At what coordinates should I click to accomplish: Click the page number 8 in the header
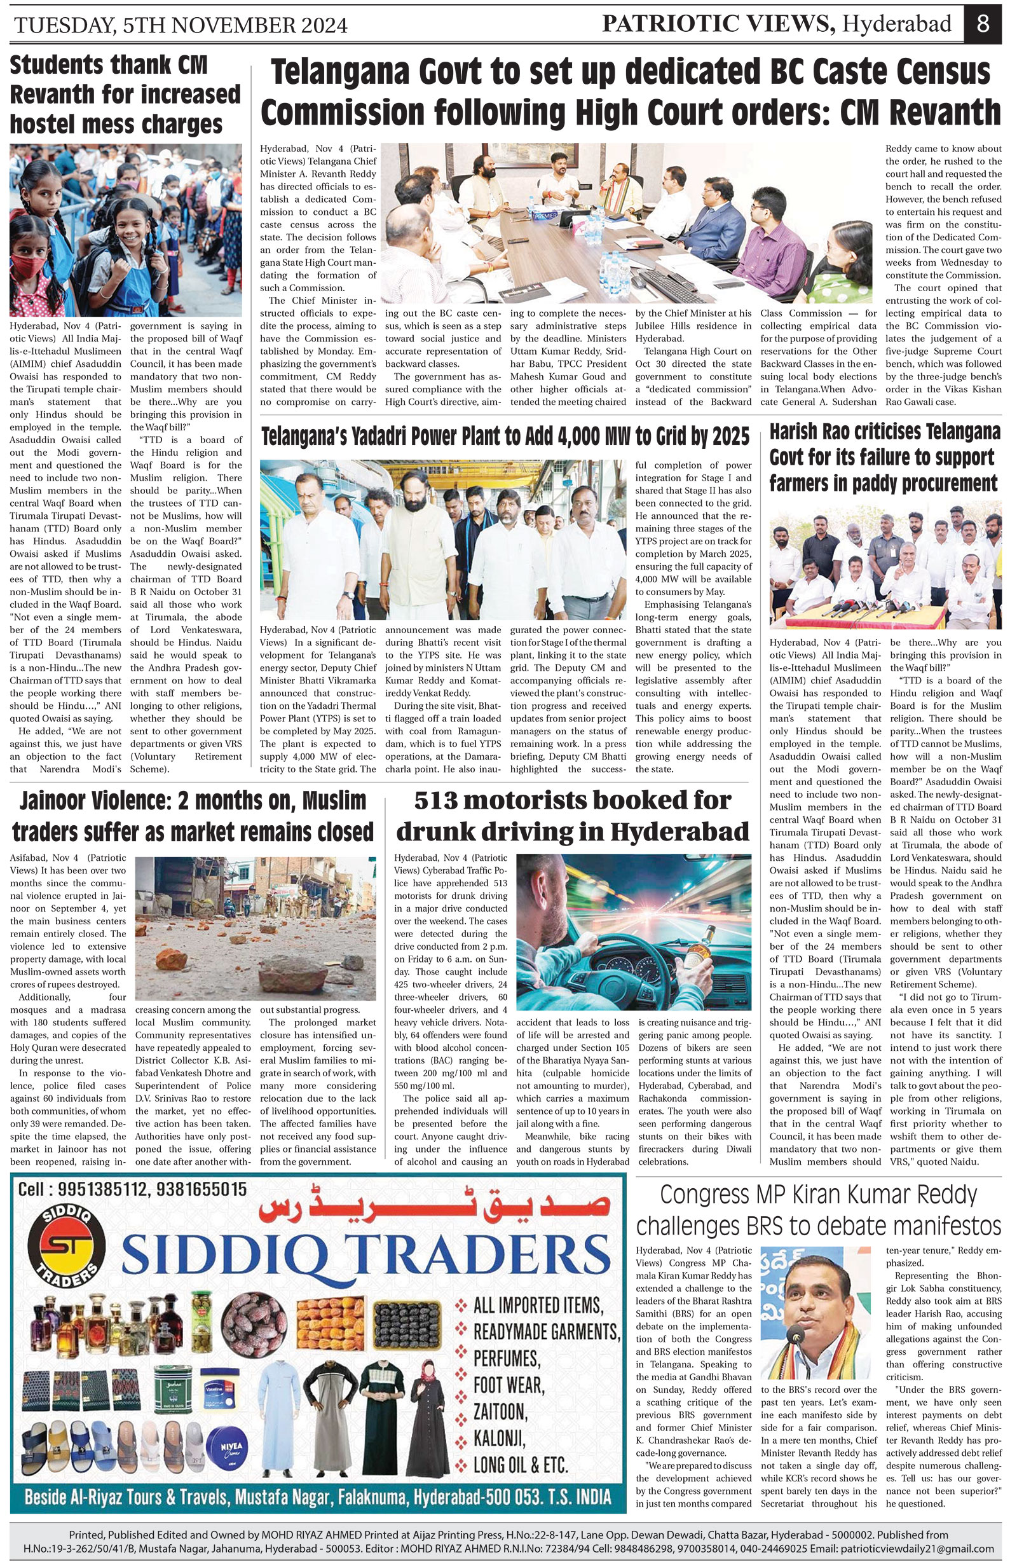982,24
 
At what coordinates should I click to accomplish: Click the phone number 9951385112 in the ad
98,1189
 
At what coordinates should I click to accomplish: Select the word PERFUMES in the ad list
507,1358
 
